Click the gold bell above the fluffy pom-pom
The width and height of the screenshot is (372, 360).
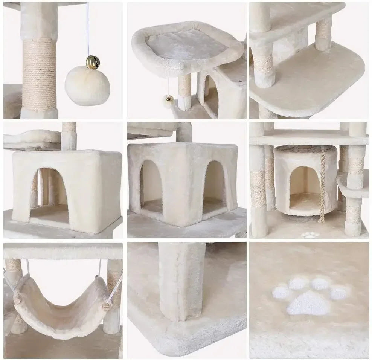92,62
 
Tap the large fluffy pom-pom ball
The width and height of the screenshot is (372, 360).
87,85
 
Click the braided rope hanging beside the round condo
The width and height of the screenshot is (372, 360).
322,185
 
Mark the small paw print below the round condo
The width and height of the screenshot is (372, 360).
310,235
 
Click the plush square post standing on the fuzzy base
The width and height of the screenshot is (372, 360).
181,281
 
